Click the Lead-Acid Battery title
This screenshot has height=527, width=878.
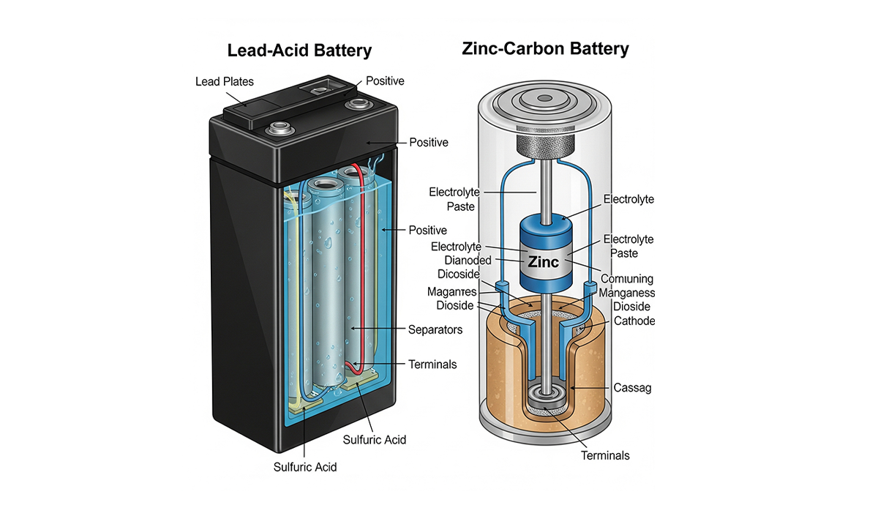pos(299,51)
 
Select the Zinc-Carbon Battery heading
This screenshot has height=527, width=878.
pos(545,49)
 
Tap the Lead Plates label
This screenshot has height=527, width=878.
pos(225,81)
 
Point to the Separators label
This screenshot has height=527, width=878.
pos(435,330)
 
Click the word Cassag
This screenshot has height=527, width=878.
pos(632,388)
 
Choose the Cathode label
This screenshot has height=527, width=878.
pos(634,321)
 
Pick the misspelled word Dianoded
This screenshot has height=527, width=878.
pos(468,261)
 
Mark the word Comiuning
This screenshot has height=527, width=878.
pos(627,279)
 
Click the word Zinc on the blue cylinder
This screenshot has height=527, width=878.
pos(543,262)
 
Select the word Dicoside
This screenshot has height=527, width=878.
pos(458,274)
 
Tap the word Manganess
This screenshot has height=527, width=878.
pos(627,293)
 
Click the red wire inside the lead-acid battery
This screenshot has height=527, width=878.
pos(361,266)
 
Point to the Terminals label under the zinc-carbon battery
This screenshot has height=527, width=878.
pos(605,455)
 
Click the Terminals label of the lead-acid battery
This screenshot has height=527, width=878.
pos(432,365)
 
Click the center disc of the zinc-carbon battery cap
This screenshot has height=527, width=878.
pos(545,98)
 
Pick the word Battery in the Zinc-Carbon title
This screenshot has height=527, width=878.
pos(599,49)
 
